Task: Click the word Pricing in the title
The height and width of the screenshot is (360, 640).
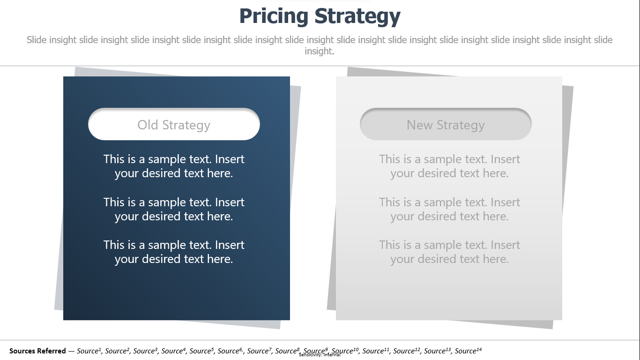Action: [274, 16]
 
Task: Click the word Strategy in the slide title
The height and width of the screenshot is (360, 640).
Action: [357, 16]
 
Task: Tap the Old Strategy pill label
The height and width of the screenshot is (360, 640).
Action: [174, 125]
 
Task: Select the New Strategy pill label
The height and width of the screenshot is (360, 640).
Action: [446, 125]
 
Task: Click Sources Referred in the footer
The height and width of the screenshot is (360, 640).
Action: [37, 351]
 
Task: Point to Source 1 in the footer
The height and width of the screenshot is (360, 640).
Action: [89, 351]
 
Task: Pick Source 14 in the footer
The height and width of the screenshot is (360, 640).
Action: [468, 351]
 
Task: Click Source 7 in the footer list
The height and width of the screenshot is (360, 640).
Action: [259, 351]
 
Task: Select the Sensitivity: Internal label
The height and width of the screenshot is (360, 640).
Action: [320, 355]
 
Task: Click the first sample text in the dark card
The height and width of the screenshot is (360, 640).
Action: [174, 166]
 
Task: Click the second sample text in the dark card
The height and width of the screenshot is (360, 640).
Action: [174, 210]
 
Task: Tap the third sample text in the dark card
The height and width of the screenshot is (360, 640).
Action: [174, 252]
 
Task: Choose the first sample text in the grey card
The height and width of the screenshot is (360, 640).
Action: [449, 166]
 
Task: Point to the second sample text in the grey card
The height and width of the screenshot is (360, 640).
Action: [449, 210]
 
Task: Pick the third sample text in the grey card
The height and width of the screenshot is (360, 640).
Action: [449, 252]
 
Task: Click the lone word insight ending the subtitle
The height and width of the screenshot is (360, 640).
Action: [319, 52]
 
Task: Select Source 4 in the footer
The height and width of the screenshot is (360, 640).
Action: [173, 351]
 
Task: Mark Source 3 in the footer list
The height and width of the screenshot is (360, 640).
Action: [145, 351]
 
